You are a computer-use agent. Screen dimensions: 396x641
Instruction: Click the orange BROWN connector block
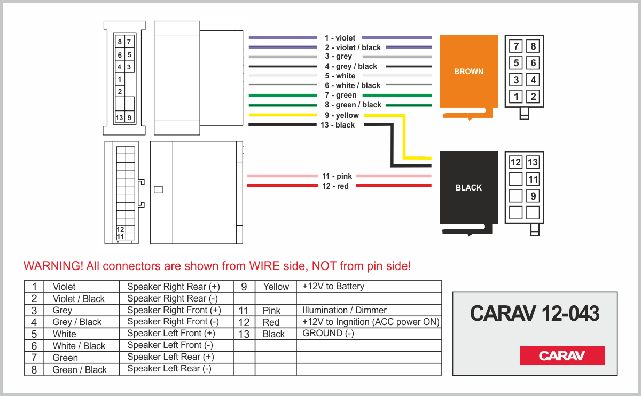point(468,72)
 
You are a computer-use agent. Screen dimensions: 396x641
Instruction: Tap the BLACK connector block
point(468,187)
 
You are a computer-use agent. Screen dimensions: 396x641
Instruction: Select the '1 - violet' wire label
point(340,38)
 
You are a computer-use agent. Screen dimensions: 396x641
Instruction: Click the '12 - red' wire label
point(335,186)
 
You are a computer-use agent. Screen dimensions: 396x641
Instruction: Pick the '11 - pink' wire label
point(337,176)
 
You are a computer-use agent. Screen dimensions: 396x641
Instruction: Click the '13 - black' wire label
point(338,125)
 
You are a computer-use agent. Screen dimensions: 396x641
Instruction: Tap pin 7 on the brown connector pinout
point(516,46)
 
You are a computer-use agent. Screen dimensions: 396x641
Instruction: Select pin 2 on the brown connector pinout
point(533,97)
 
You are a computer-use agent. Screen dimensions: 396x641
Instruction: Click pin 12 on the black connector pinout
point(515,162)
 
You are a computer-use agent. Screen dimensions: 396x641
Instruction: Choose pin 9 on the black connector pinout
point(533,196)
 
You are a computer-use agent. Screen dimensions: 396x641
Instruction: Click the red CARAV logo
point(562,356)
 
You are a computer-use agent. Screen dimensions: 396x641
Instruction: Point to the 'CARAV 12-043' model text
point(535,314)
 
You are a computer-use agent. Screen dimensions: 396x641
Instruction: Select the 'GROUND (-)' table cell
point(328,334)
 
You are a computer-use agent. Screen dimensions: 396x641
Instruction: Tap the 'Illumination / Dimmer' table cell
point(345,310)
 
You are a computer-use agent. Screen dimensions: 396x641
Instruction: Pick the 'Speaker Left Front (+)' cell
point(171,334)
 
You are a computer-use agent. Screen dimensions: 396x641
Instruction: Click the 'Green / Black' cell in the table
point(80,369)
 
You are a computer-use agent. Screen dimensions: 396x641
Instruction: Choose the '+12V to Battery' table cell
point(333,287)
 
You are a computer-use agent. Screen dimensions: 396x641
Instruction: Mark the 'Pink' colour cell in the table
point(271,310)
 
